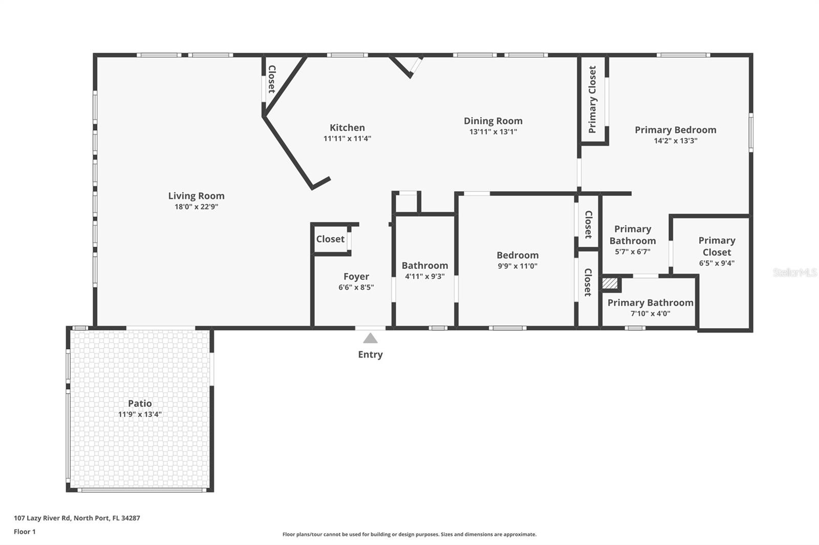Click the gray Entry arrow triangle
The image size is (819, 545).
(x=370, y=338)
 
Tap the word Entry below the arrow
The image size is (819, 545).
(x=370, y=355)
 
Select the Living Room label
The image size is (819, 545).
(x=197, y=196)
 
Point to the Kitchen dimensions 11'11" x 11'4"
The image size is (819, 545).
(x=347, y=139)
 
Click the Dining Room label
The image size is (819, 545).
(x=493, y=121)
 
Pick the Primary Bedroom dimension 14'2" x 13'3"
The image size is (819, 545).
(x=675, y=141)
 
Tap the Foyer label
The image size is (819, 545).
(x=356, y=277)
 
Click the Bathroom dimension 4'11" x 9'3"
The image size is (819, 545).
(x=424, y=276)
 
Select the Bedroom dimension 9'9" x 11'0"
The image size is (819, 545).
(x=518, y=266)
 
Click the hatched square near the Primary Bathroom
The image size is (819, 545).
(x=610, y=283)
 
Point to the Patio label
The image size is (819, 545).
(x=140, y=403)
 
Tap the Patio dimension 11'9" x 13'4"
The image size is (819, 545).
(x=140, y=414)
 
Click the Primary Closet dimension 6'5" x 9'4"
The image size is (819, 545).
(x=717, y=263)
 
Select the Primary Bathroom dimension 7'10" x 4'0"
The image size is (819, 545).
(x=650, y=313)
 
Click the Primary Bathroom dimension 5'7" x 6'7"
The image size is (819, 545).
(x=633, y=252)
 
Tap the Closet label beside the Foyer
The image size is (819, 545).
(x=330, y=239)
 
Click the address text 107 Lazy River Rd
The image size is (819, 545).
(x=42, y=518)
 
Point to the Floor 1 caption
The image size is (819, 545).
(x=25, y=532)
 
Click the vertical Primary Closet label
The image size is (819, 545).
(x=592, y=99)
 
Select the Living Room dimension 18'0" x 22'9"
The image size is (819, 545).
(x=197, y=207)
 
